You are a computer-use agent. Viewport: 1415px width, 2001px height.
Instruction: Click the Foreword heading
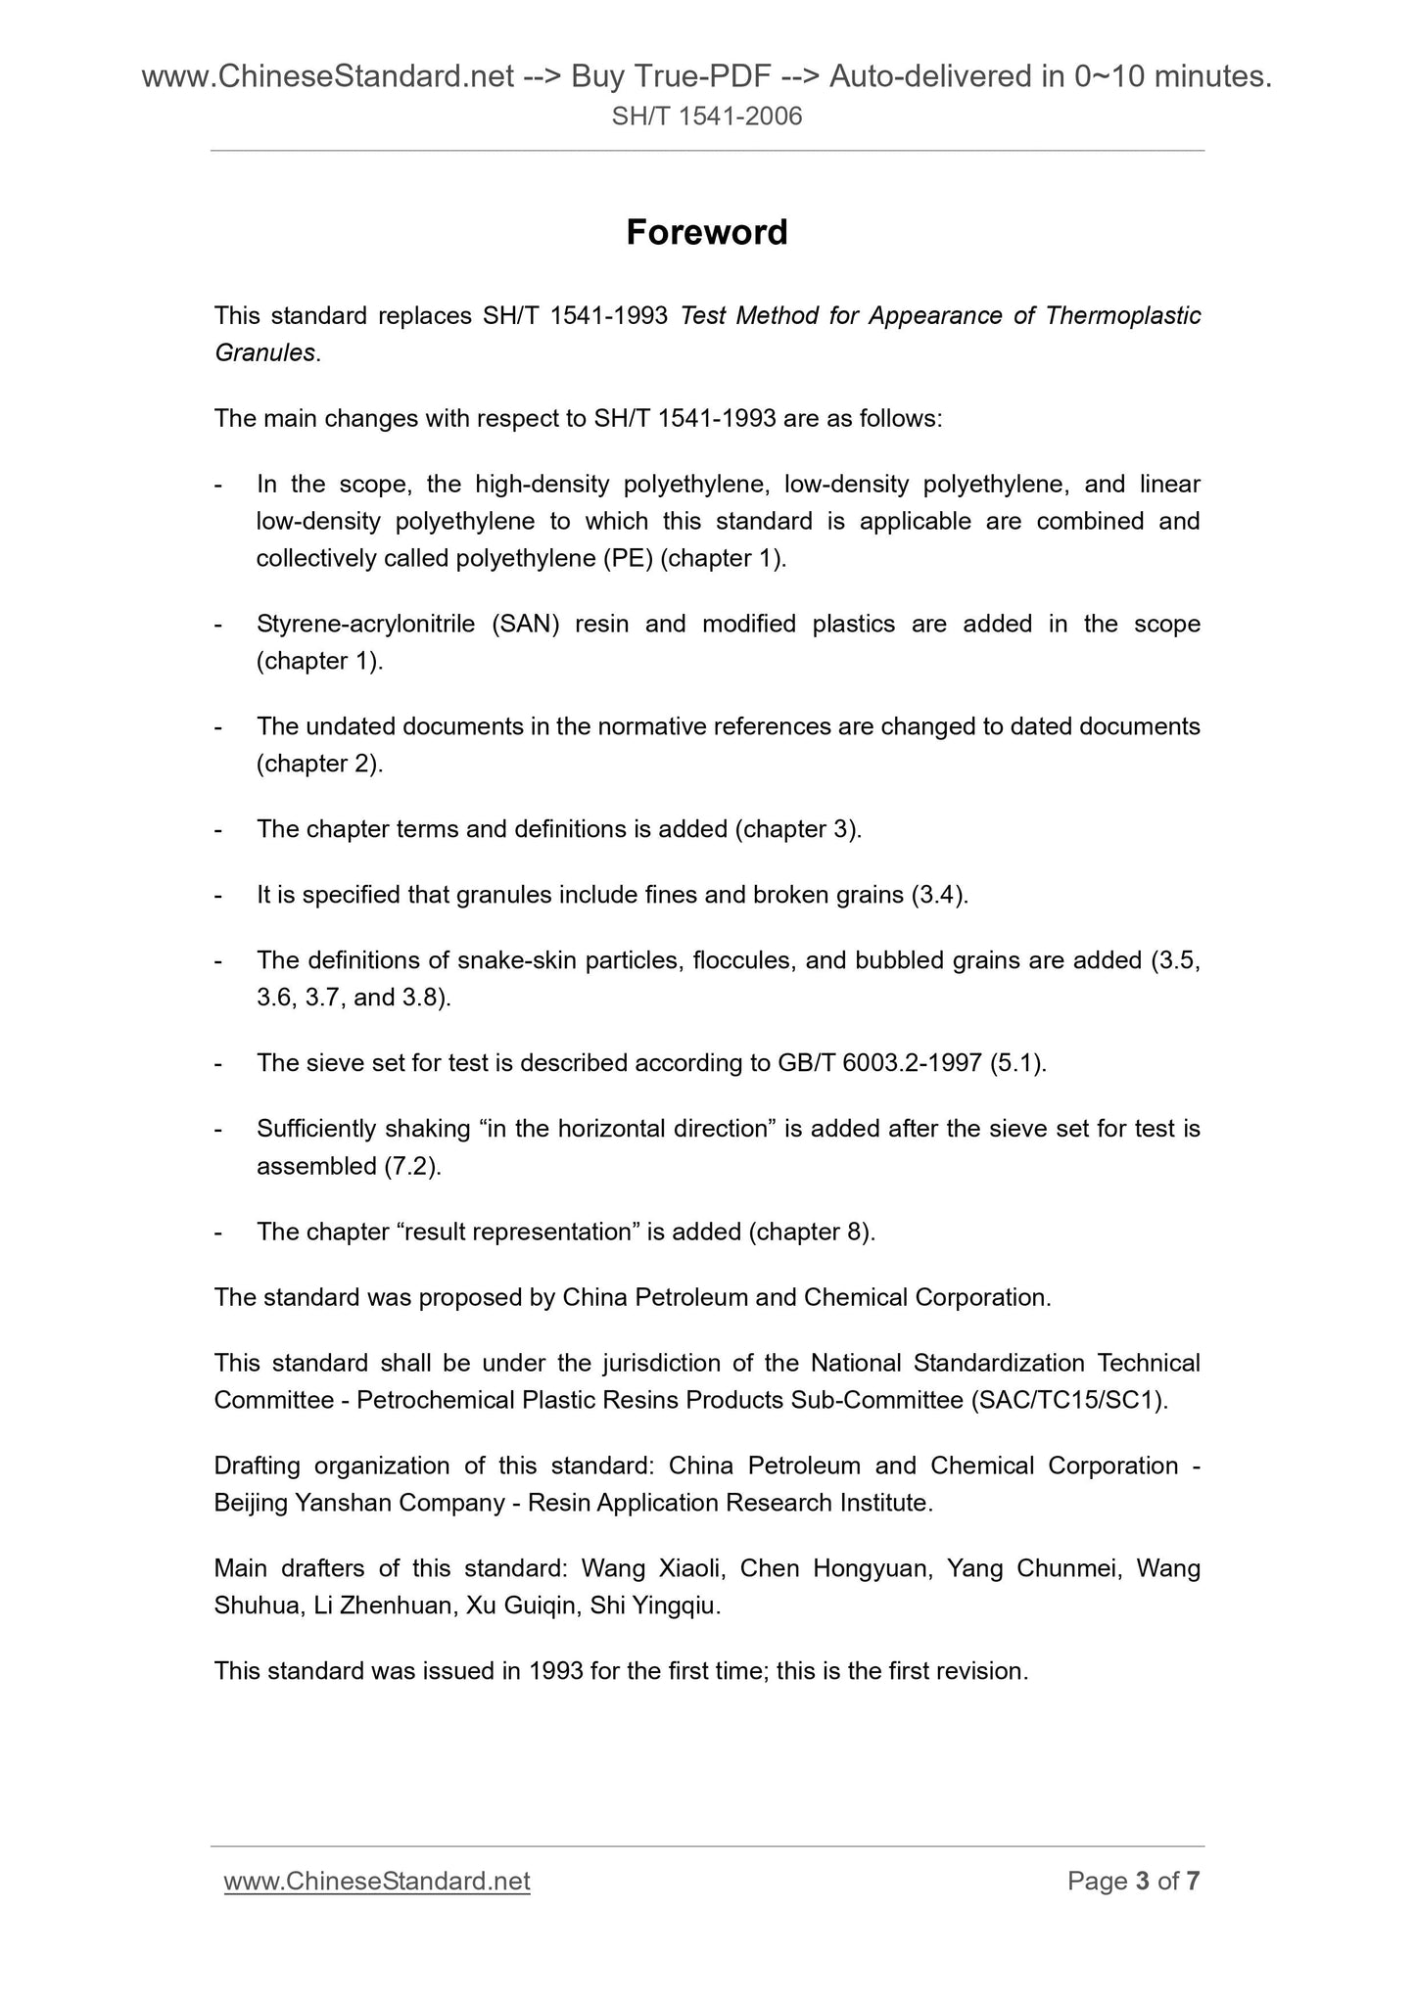click(706, 233)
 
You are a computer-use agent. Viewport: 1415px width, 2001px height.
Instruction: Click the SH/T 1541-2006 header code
click(706, 117)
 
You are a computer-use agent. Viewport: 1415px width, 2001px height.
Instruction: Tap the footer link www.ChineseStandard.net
click(377, 1881)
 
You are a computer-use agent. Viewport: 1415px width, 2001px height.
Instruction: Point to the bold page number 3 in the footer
click(1141, 1881)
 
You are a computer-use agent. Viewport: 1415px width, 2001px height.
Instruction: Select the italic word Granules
click(264, 353)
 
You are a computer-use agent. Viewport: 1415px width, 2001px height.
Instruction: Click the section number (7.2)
click(414, 1166)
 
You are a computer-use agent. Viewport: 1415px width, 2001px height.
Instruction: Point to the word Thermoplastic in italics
click(1122, 316)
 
